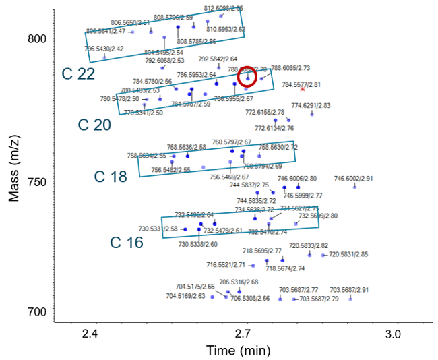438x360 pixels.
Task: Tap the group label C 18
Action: [110, 177]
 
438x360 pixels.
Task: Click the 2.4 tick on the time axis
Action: [90, 335]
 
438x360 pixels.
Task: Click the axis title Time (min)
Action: [243, 351]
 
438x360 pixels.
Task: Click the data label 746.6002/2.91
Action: [353, 179]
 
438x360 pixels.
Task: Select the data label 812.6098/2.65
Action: [223, 9]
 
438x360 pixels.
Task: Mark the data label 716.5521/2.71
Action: [226, 265]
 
